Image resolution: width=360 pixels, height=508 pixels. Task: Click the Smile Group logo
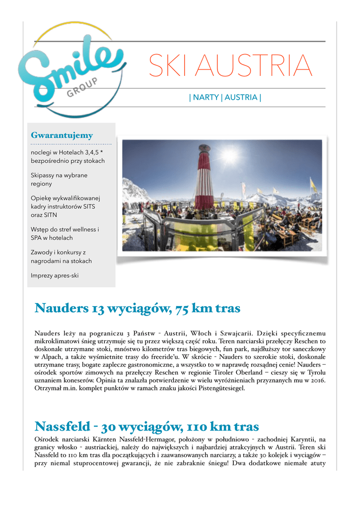point(70,69)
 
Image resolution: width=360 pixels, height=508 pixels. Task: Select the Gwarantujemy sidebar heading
point(62,135)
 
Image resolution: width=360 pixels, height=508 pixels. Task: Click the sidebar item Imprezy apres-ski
point(54,275)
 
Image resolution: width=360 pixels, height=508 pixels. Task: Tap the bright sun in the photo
point(230,155)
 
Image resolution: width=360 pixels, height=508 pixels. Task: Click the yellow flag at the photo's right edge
point(313,186)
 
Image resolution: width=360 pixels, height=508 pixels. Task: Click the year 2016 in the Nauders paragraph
point(319,380)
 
